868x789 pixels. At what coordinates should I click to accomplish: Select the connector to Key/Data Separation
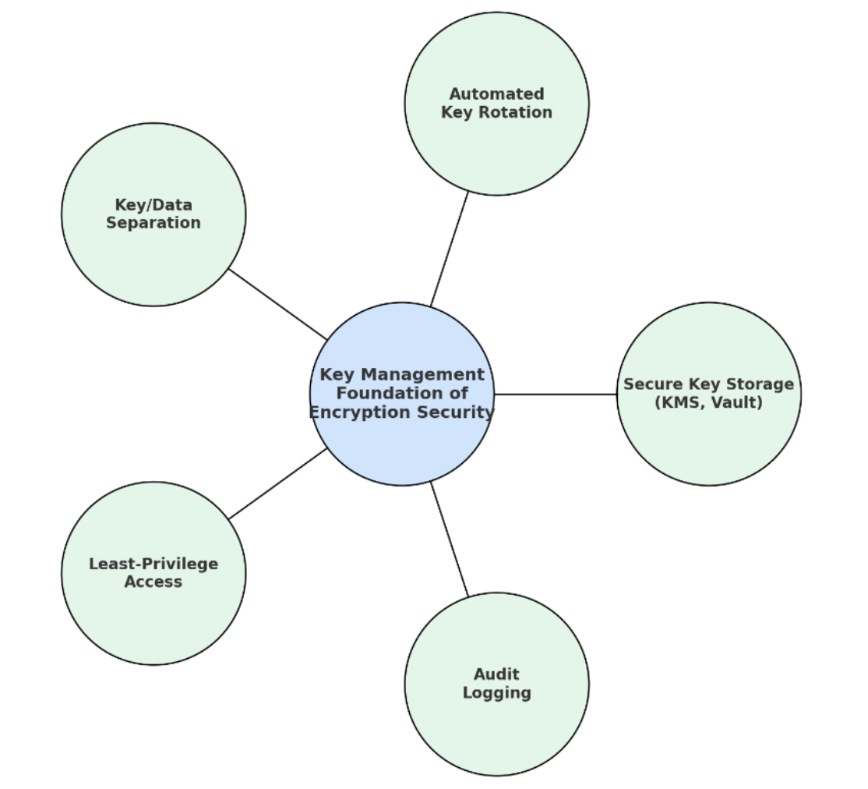pos(278,305)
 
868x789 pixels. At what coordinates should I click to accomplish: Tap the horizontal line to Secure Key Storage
pos(556,394)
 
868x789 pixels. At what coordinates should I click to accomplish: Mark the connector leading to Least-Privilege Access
pos(278,483)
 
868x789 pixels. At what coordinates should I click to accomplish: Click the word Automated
pos(496,94)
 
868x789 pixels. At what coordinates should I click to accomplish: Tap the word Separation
pos(153,223)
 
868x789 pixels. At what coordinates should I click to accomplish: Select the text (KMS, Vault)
pos(708,403)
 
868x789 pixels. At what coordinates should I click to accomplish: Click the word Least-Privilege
pos(153,564)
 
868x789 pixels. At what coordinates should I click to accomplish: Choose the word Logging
pos(496,692)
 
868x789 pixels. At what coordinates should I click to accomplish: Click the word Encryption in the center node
pos(350,412)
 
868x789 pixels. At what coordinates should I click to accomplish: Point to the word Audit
pos(496,674)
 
